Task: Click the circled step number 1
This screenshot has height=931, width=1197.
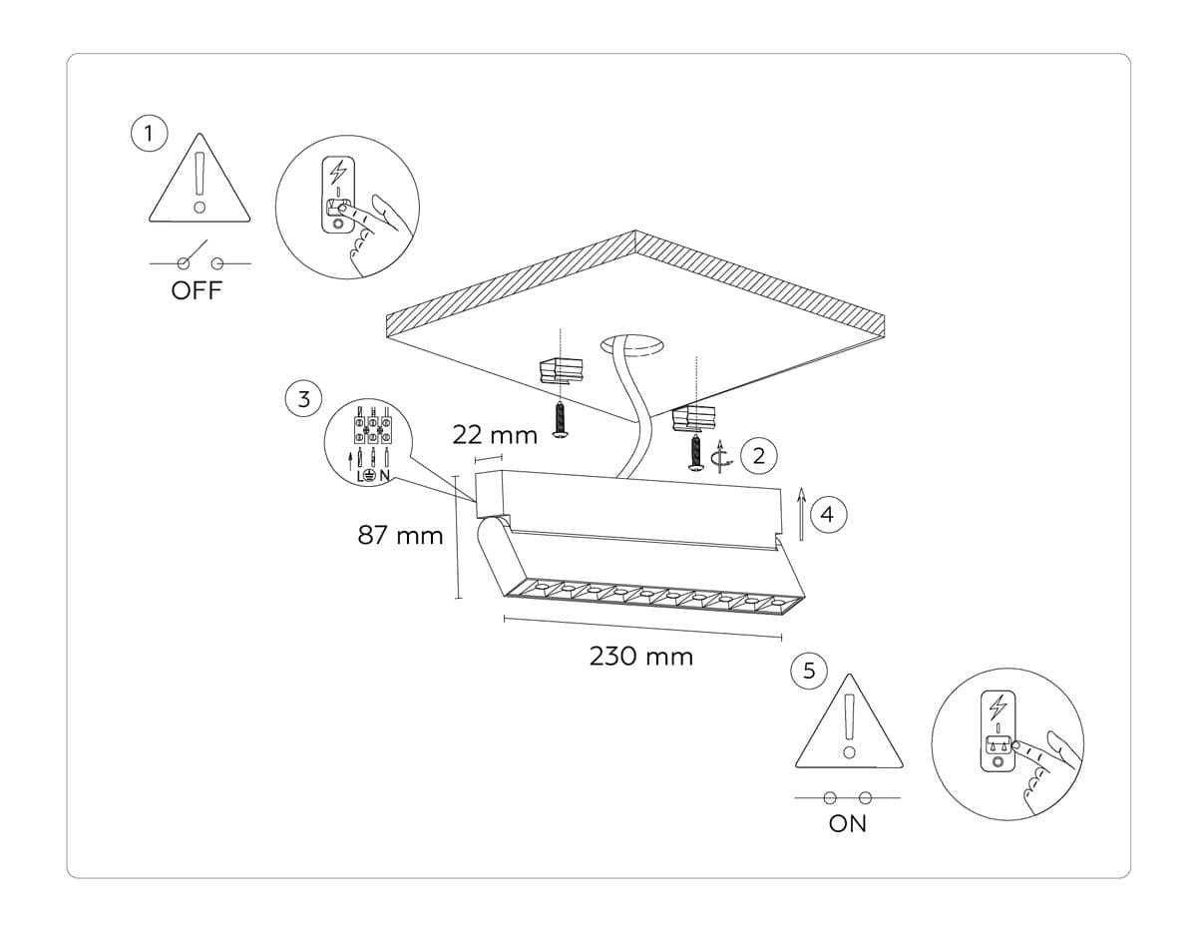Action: tap(149, 133)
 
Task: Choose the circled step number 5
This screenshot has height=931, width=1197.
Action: tap(809, 671)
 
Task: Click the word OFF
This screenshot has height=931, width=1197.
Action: tap(198, 291)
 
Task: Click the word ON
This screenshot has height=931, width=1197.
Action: tap(847, 824)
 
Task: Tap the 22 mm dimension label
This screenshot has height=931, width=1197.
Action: tap(495, 435)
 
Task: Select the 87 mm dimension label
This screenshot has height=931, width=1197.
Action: tap(400, 536)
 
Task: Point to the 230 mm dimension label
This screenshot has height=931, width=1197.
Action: tap(641, 657)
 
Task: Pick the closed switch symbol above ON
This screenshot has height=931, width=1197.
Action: tap(847, 797)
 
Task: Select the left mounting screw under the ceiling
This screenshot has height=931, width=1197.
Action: tap(562, 420)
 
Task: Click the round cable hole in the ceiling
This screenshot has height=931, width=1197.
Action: tap(632, 345)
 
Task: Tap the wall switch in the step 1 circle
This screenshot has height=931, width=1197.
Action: tap(340, 198)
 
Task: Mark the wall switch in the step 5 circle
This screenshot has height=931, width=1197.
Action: tap(997, 730)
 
